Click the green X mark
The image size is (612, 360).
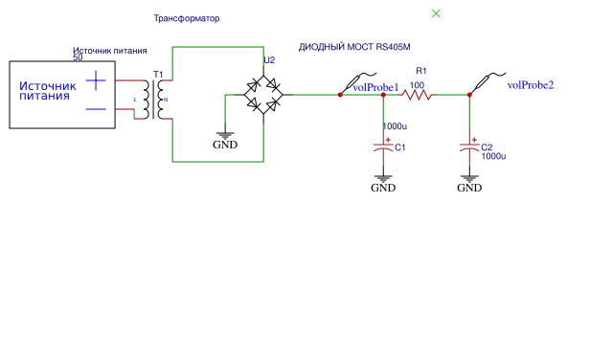pos(436,13)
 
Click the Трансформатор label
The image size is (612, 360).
pos(187,18)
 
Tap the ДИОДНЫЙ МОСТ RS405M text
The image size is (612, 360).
pos(354,47)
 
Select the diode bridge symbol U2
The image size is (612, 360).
pos(263,95)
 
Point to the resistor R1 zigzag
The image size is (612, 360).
pos(417,95)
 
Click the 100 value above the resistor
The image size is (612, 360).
pos(417,85)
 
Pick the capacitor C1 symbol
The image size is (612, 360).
pos(383,147)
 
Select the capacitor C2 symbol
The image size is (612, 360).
pos(469,147)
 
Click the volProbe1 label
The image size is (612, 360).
pos(375,87)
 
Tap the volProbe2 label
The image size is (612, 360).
pos(531,85)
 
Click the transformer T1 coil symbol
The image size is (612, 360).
pos(155,100)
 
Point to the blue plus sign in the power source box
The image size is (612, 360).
pos(96,80)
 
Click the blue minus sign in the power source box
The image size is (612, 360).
pos(96,109)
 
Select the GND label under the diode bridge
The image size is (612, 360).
pos(225,145)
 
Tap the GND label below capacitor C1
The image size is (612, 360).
pos(383,188)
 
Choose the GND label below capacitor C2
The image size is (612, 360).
pos(469,188)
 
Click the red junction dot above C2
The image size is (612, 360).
pos(469,95)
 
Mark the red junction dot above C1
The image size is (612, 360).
pos(383,95)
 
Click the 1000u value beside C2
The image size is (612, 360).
pos(493,156)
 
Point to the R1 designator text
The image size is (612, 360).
pos(421,71)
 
